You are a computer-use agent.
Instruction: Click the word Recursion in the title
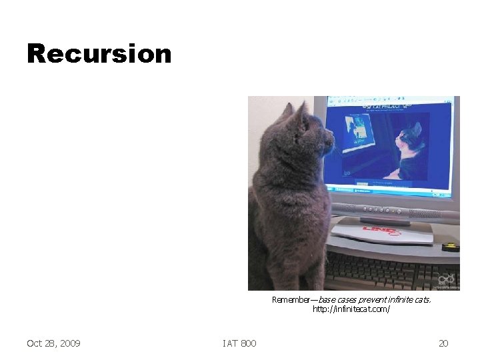coord(99,53)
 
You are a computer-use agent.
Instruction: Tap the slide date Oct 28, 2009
coord(53,343)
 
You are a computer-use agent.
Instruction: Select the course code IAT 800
coord(239,343)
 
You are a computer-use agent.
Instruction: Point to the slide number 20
coord(443,343)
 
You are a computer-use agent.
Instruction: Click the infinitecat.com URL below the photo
coord(351,309)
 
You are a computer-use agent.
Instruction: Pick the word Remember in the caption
coord(289,300)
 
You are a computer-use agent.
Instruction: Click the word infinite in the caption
coord(398,300)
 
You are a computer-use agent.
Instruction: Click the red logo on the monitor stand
coord(380,232)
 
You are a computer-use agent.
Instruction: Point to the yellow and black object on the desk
coord(451,247)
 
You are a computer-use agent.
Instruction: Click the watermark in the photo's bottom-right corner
coord(447,280)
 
